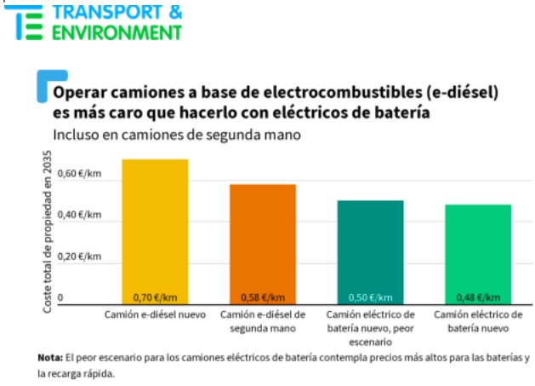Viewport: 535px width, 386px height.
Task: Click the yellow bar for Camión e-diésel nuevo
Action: pyautogui.click(x=155, y=230)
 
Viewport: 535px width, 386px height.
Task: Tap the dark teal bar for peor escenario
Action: pyautogui.click(x=370, y=251)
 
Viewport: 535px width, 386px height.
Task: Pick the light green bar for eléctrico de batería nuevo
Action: pyautogui.click(x=478, y=253)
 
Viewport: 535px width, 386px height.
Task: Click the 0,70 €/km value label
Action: pyautogui.click(x=155, y=297)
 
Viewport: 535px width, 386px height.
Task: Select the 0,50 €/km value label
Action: pyautogui.click(x=370, y=297)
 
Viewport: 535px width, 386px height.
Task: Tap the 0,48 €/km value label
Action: pyautogui.click(x=478, y=297)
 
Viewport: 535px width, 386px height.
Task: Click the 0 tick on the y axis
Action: pyautogui.click(x=60, y=298)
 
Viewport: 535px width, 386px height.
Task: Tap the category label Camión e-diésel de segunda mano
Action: pyautogui.click(x=261, y=320)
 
